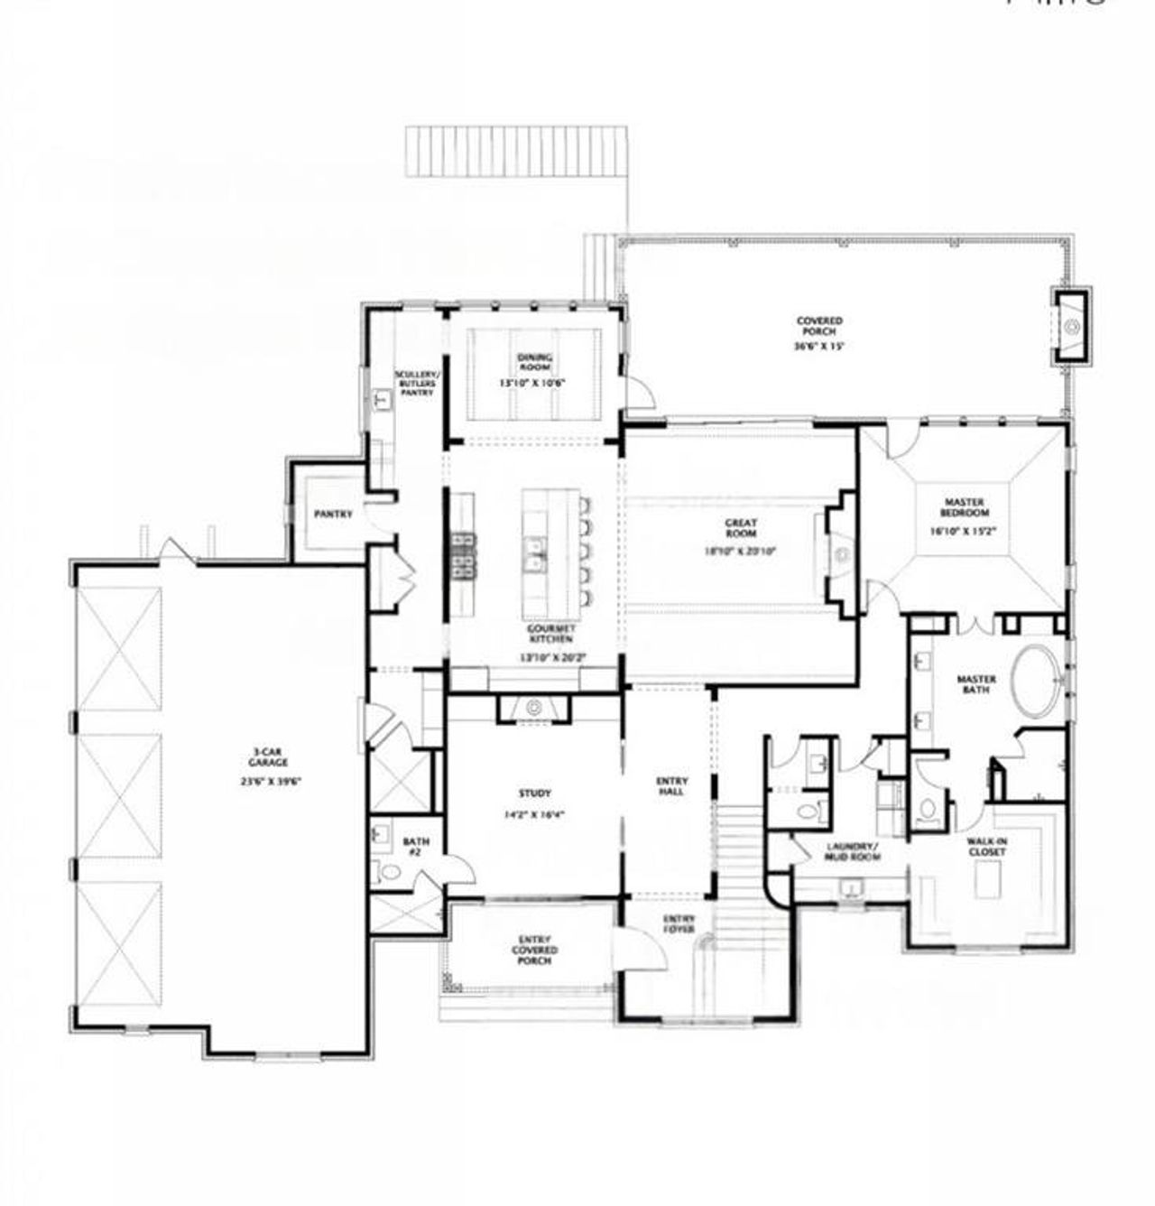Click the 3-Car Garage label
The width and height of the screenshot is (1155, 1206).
269,756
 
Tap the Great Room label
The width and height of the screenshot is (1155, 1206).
741,528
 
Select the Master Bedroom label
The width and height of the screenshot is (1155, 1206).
965,507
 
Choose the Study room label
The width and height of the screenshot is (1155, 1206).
534,793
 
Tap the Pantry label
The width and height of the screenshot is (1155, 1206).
332,514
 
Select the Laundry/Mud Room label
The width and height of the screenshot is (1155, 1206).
853,852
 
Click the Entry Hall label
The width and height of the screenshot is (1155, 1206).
671,786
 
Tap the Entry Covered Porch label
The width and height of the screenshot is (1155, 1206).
534,950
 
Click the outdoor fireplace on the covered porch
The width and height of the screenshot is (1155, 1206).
1071,327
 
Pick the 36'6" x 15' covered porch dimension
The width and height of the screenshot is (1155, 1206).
818,347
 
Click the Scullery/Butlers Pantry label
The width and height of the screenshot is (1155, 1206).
416,384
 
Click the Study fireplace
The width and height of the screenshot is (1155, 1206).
534,709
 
